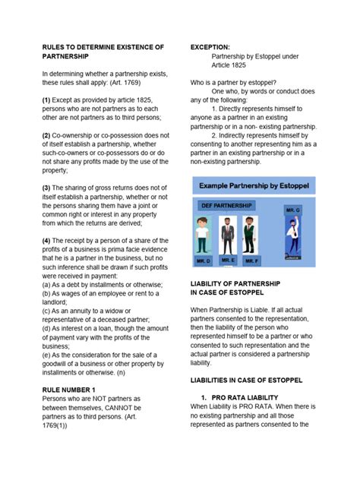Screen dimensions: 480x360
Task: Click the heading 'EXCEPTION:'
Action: pos(214,47)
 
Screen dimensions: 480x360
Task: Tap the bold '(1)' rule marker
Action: pos(46,99)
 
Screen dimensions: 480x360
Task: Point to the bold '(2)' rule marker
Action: pos(46,134)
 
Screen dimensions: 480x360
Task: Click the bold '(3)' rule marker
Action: pos(46,187)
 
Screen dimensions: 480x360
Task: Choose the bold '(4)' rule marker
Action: pos(46,240)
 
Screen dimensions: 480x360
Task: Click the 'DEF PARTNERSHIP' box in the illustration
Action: pos(226,205)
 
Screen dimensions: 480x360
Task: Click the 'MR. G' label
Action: pos(293,209)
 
